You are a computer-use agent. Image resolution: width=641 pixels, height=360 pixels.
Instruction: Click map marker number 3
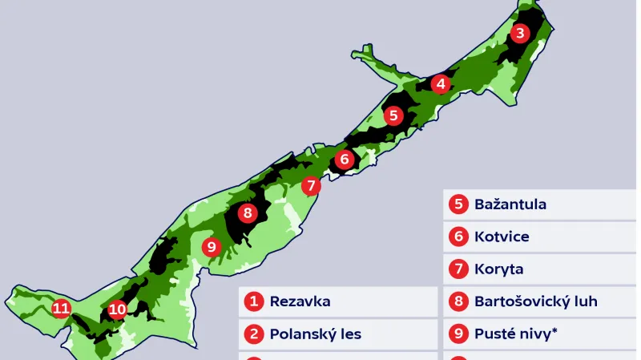pyautogui.click(x=521, y=33)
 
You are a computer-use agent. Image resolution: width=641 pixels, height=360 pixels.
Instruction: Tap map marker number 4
pyautogui.click(x=440, y=84)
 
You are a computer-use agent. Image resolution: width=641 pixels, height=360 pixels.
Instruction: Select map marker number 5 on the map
pyautogui.click(x=393, y=115)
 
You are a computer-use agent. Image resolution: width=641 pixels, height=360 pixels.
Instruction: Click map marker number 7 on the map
pyautogui.click(x=312, y=186)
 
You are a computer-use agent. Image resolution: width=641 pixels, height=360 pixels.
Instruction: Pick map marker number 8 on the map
pyautogui.click(x=247, y=213)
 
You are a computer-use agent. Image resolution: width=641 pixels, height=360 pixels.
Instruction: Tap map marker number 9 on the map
pyautogui.click(x=212, y=247)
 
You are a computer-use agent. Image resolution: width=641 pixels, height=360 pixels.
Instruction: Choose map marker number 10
pyautogui.click(x=118, y=309)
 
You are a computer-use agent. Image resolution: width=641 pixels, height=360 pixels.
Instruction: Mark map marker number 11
pyautogui.click(x=61, y=308)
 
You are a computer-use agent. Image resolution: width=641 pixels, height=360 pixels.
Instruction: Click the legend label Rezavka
pyautogui.click(x=300, y=301)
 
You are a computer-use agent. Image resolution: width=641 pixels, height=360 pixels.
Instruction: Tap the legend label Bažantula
pyautogui.click(x=510, y=204)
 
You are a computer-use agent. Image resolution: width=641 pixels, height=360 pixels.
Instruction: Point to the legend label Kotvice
pyautogui.click(x=502, y=237)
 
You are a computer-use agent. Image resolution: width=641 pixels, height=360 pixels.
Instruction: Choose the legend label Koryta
pyautogui.click(x=498, y=269)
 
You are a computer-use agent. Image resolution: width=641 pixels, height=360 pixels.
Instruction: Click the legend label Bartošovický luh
pyautogui.click(x=536, y=301)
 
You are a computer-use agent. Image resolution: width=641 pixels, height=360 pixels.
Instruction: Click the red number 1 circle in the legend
pyautogui.click(x=255, y=301)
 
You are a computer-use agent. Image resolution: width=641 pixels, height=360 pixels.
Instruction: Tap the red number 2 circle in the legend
pyautogui.click(x=255, y=334)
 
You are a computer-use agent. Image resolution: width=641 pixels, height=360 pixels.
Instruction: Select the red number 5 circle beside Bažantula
pyautogui.click(x=458, y=204)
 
